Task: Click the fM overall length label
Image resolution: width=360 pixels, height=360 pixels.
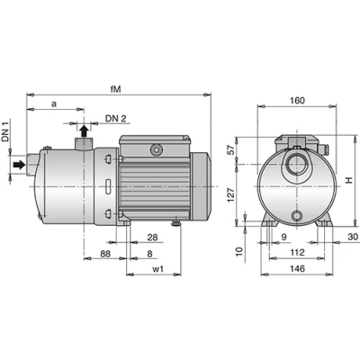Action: [115, 89]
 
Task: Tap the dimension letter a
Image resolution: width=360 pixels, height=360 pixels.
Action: [54, 104]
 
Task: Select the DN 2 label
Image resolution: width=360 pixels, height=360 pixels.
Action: [115, 119]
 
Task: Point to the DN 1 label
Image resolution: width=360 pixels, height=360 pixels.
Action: [5, 131]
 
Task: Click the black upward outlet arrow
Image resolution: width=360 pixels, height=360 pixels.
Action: [85, 131]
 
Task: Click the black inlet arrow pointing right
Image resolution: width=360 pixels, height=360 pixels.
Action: [20, 165]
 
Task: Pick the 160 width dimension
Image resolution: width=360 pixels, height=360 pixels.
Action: [297, 101]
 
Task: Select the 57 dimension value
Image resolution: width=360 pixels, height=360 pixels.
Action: [230, 149]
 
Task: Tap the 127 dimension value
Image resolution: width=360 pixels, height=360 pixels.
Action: [230, 195]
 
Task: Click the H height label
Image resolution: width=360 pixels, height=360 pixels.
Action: [348, 180]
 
